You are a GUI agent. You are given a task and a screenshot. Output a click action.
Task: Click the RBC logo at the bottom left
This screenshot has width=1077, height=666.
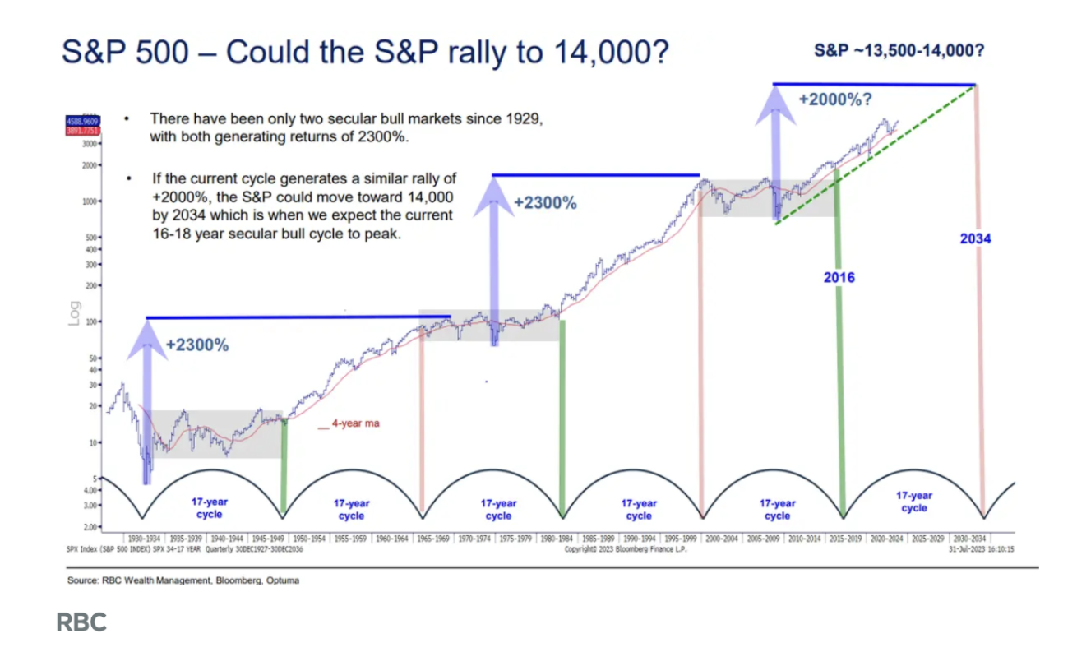(81, 622)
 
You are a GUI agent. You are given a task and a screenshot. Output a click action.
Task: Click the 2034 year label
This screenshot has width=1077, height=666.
(975, 238)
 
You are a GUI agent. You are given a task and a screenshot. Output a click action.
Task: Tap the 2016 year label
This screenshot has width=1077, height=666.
(839, 277)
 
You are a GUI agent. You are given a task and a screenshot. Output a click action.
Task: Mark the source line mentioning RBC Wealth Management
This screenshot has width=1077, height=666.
(183, 580)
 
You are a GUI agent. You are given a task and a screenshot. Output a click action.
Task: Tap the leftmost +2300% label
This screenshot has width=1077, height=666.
(197, 345)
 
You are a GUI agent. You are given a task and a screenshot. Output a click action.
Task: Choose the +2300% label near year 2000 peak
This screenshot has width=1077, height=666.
(545, 202)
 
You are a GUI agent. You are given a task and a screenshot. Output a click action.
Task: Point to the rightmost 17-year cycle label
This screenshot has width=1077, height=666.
(913, 502)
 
